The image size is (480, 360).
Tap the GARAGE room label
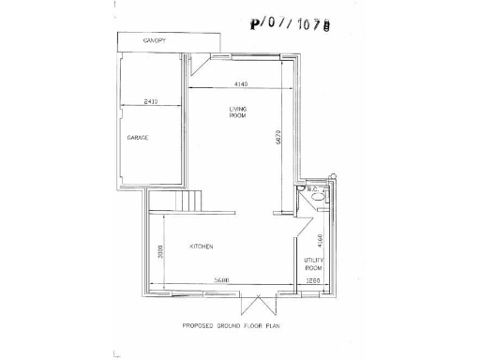[x=138, y=138]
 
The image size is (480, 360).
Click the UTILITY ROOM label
[x=313, y=263]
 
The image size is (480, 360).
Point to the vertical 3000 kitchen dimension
[x=161, y=251]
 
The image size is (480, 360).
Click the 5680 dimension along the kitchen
[x=222, y=280]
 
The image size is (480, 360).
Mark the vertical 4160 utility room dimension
[x=320, y=240]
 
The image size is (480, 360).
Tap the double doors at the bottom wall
[x=255, y=303]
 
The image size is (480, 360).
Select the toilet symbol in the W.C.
[x=317, y=198]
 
